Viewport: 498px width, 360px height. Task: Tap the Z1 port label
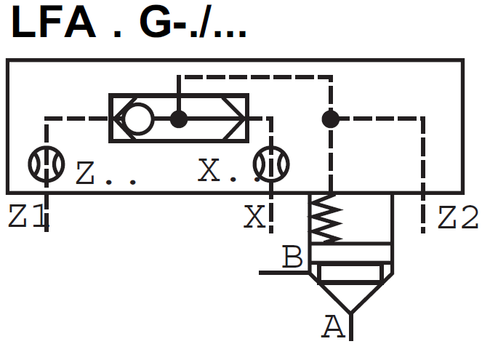[27, 217]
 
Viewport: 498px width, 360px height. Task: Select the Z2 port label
[458, 217]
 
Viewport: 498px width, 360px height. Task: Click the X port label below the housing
[254, 217]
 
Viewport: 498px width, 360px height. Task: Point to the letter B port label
[292, 257]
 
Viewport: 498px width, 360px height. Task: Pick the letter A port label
[333, 328]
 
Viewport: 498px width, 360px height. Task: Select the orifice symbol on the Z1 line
[47, 164]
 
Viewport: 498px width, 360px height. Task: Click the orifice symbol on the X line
[271, 164]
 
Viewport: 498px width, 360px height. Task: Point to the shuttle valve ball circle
[138, 118]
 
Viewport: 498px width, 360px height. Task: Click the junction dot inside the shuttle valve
[179, 118]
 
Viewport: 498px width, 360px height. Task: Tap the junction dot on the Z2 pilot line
[331, 118]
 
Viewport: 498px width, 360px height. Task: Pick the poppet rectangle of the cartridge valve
[351, 274]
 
